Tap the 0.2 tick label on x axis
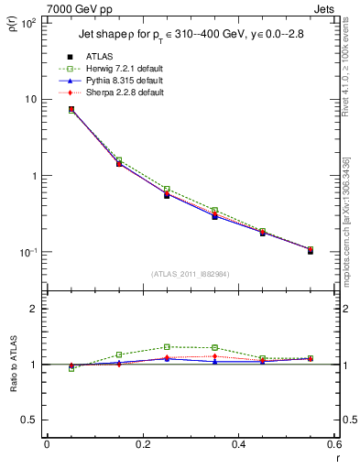142,444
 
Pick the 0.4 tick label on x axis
238,444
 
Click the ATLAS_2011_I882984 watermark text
189,274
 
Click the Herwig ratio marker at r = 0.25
167,347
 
